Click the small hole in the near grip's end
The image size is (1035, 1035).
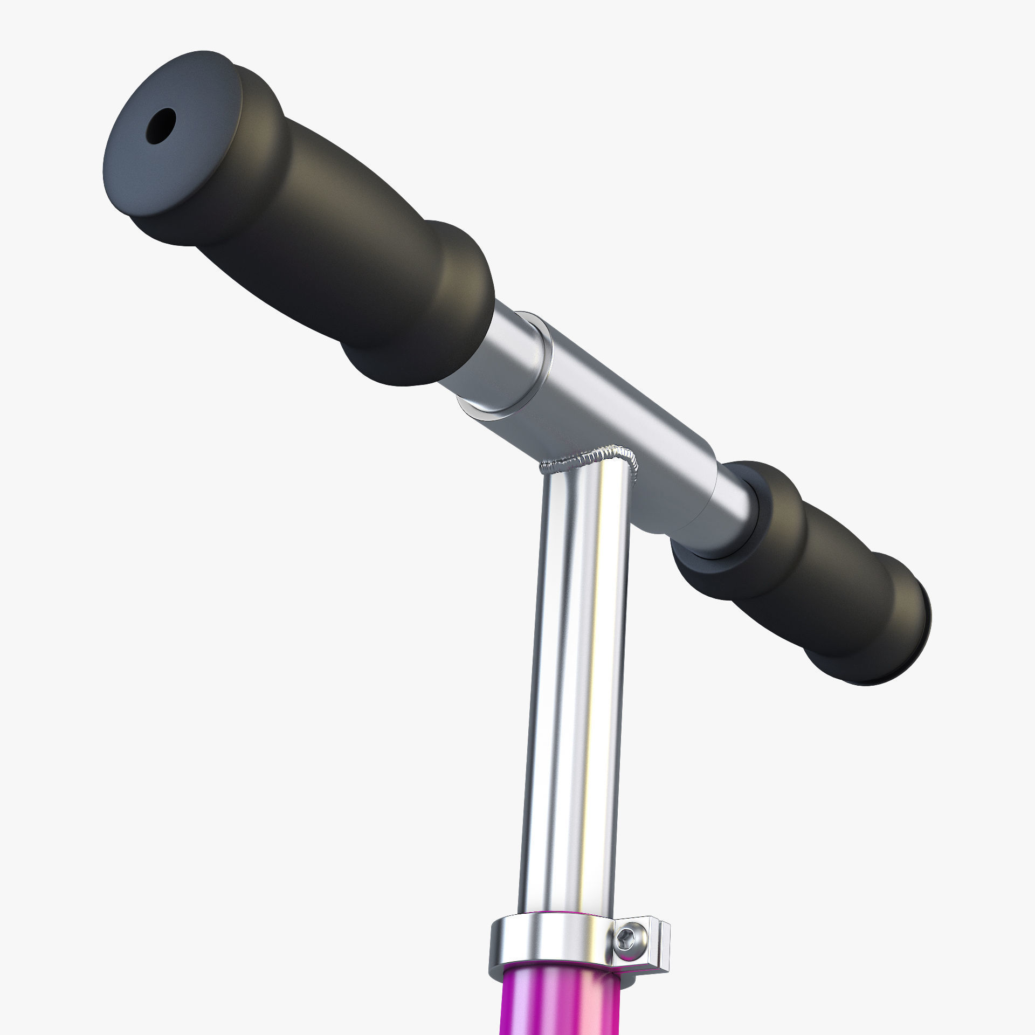click(161, 126)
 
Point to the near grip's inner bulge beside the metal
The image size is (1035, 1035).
click(442, 302)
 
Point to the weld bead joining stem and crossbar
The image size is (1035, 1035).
click(593, 458)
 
